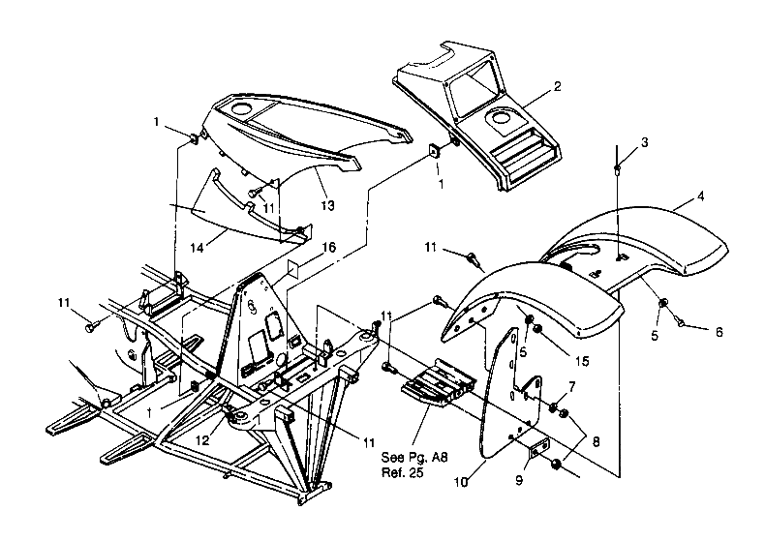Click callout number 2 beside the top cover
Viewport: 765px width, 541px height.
point(557,86)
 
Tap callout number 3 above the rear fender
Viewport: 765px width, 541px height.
point(645,142)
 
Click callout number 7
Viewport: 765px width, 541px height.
point(571,387)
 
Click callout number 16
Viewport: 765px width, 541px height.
point(329,249)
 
